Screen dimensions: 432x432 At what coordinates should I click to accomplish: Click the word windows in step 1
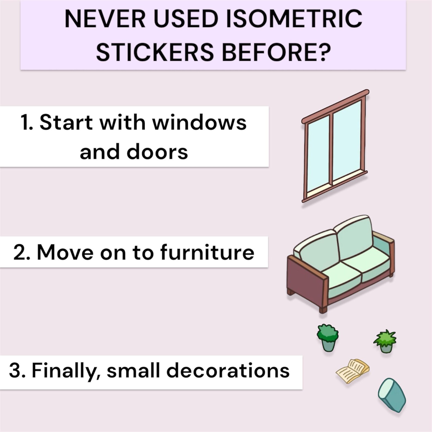[199, 122]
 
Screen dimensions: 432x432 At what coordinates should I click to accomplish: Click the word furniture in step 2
[207, 252]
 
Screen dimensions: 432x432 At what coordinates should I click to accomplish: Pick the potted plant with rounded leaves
[328, 338]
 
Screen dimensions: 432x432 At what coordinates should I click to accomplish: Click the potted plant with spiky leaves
[385, 341]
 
